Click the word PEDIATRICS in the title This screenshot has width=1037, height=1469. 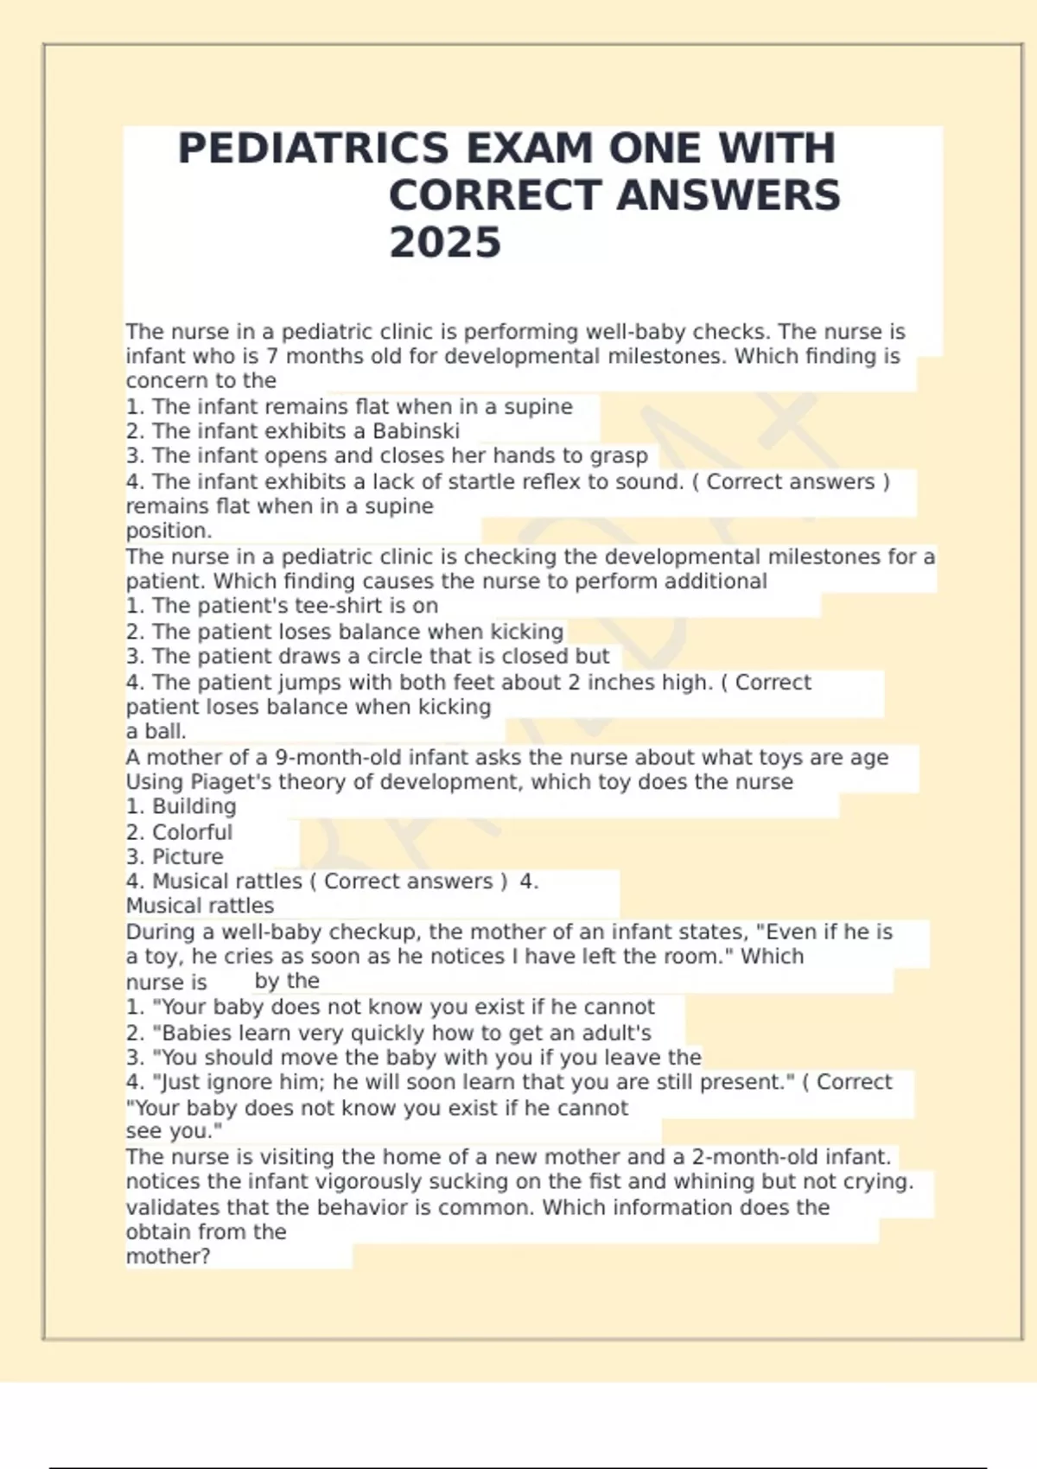coord(313,149)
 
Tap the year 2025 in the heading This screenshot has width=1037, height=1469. coord(444,243)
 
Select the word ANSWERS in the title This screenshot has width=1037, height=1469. coord(728,196)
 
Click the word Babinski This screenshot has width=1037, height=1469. coord(416,431)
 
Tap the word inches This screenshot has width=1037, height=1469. coord(621,682)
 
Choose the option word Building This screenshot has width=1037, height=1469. coord(194,806)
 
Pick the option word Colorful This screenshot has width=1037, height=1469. coord(192,832)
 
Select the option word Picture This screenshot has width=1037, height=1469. coord(188,856)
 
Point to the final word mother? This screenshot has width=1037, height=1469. coord(168,1256)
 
